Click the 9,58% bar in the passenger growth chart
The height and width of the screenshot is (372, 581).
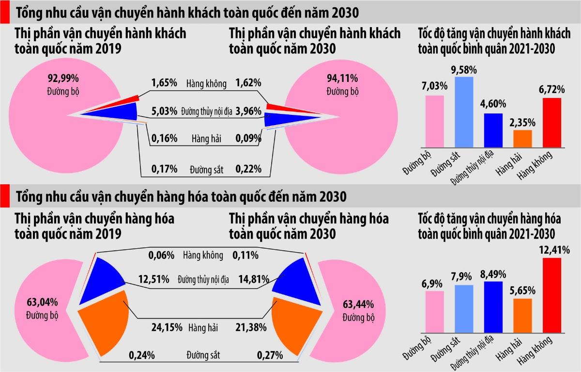pos(464,112)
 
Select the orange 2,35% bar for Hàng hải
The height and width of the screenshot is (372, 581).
pos(522,138)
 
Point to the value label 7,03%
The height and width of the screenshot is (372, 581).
pos(434,86)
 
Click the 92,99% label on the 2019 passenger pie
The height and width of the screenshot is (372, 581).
pos(63,78)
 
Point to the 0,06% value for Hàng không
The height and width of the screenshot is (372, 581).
pos(162,255)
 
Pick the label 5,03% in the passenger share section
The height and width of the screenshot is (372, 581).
pos(164,111)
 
